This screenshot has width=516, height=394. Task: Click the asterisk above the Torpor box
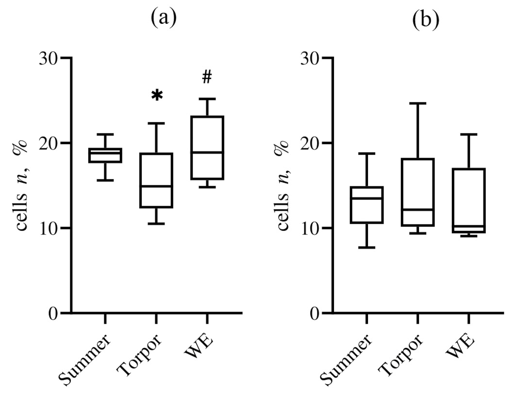156,95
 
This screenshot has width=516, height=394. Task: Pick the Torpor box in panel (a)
156,181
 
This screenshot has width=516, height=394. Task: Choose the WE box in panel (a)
208,148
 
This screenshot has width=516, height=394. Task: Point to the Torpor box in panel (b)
418,192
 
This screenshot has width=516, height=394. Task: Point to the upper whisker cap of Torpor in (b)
418,103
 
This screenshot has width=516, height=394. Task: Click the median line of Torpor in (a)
156,186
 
